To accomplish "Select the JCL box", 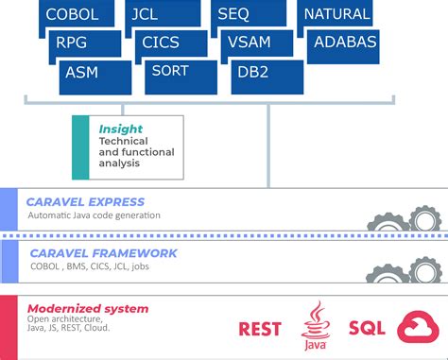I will click(x=162, y=14).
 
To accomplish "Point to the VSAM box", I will click(x=260, y=43).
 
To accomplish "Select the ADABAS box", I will click(x=345, y=43).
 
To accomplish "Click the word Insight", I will click(x=120, y=129).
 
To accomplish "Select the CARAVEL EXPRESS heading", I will click(x=86, y=201).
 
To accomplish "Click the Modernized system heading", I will click(x=87, y=309).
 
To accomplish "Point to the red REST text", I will click(x=261, y=330).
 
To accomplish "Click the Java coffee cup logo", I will click(x=316, y=328).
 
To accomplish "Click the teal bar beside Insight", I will click(x=80, y=147).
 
